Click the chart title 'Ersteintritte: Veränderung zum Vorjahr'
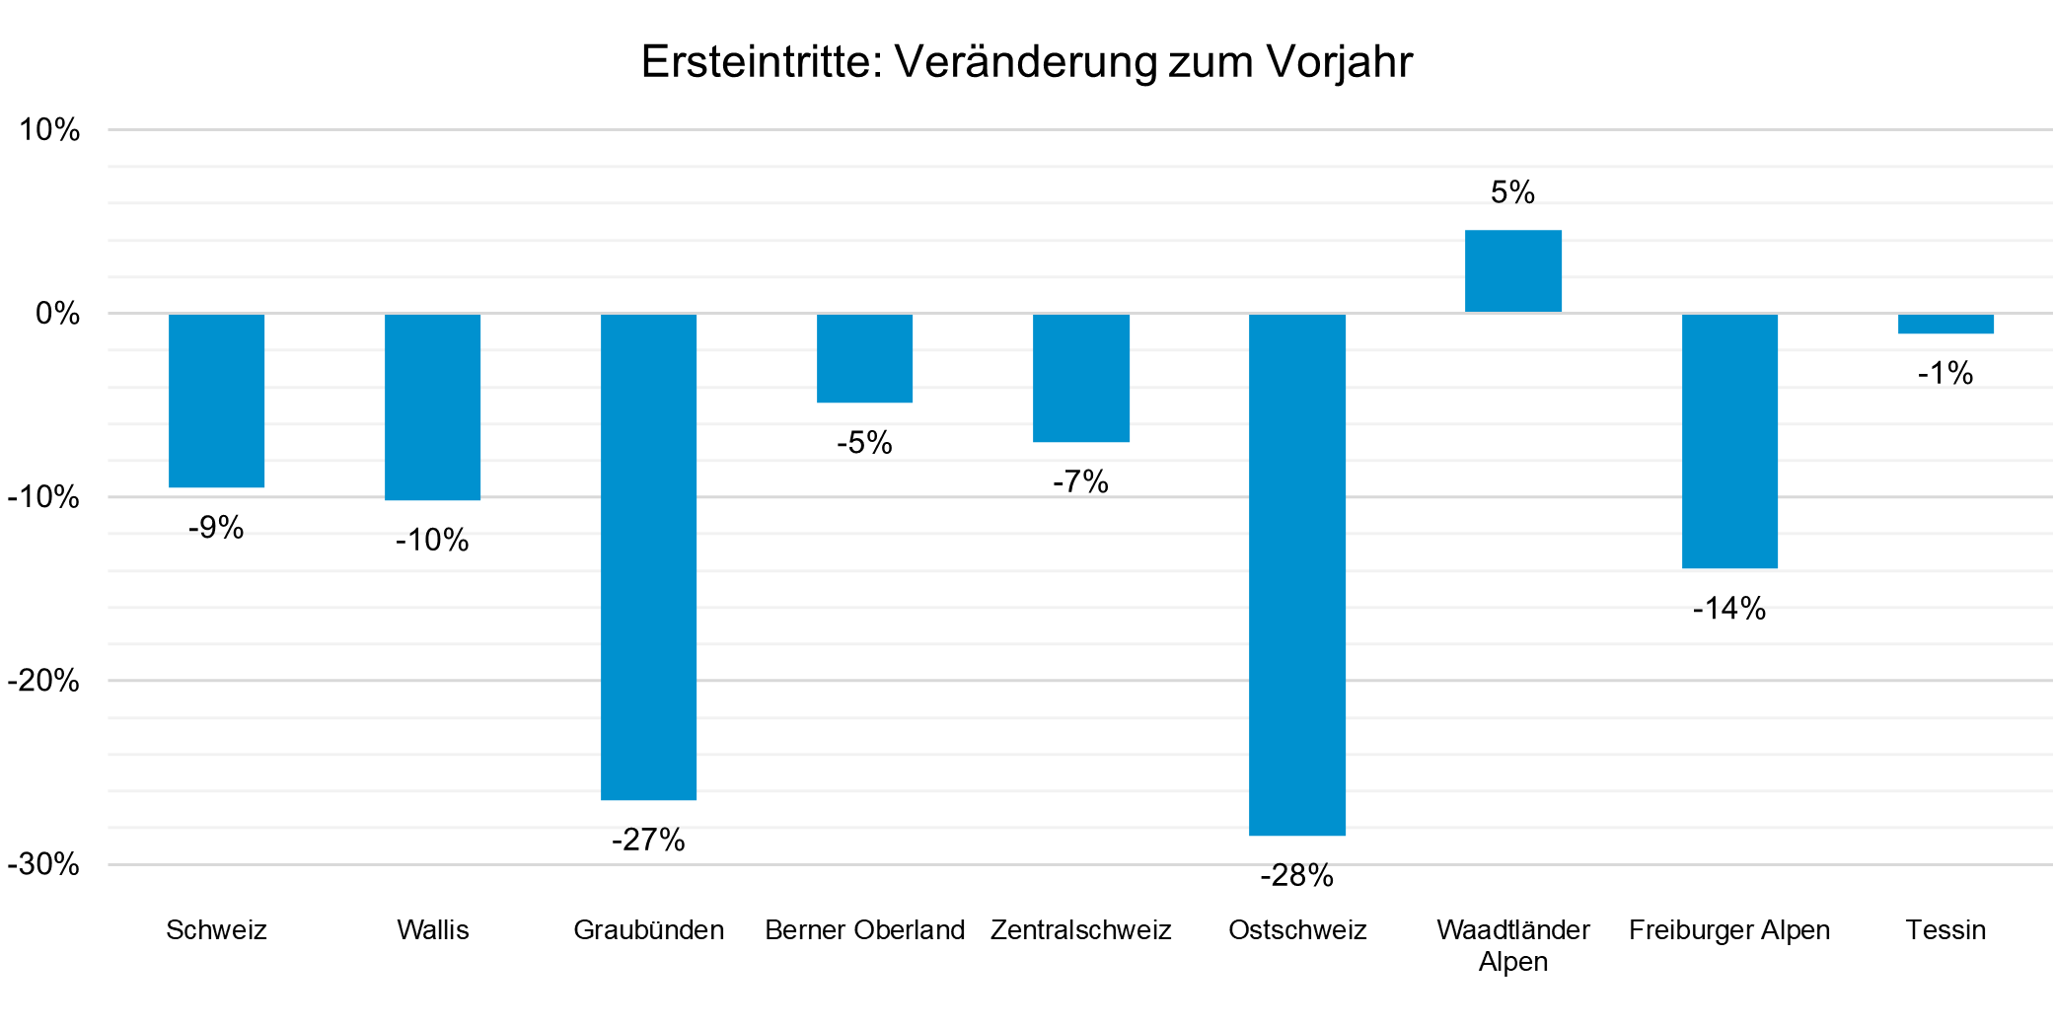(1026, 61)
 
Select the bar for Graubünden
(648, 556)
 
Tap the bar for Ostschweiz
(1296, 574)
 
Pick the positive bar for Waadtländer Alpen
(1512, 271)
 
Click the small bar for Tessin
(1944, 324)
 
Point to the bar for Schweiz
(216, 401)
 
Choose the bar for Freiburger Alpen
(1728, 441)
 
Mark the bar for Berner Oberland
(864, 358)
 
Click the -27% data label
(648, 840)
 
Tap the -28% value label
(1296, 875)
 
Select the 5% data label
(1512, 192)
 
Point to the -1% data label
(1944, 373)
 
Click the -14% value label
(1728, 608)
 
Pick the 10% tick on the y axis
(49, 129)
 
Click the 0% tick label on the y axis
(57, 314)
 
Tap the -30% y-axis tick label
(43, 864)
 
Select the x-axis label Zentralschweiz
(1080, 929)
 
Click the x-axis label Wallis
(432, 929)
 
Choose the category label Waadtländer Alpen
(1512, 944)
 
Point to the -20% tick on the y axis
(43, 681)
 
